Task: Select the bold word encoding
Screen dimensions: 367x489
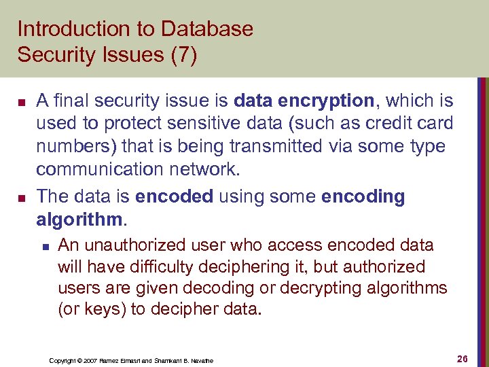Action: coord(363,197)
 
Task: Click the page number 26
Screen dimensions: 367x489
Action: coord(464,358)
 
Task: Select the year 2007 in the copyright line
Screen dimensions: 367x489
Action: coord(90,360)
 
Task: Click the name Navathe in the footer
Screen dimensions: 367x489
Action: coord(202,360)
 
